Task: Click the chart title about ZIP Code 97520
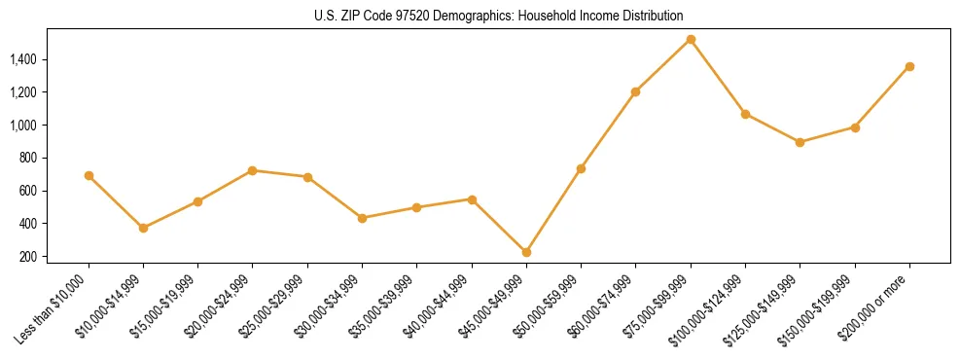[x=499, y=16]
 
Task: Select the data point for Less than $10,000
[x=89, y=176]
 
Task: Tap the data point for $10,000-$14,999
[x=143, y=228]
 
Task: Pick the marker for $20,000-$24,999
[x=253, y=170]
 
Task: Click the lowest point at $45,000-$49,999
[x=526, y=252]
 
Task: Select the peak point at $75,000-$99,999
[x=691, y=40]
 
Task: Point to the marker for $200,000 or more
[x=909, y=66]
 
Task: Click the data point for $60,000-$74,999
[x=636, y=91]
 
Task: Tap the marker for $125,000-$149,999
[x=800, y=142]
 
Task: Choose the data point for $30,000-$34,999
[x=362, y=218]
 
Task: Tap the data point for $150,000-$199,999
[x=855, y=127]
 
